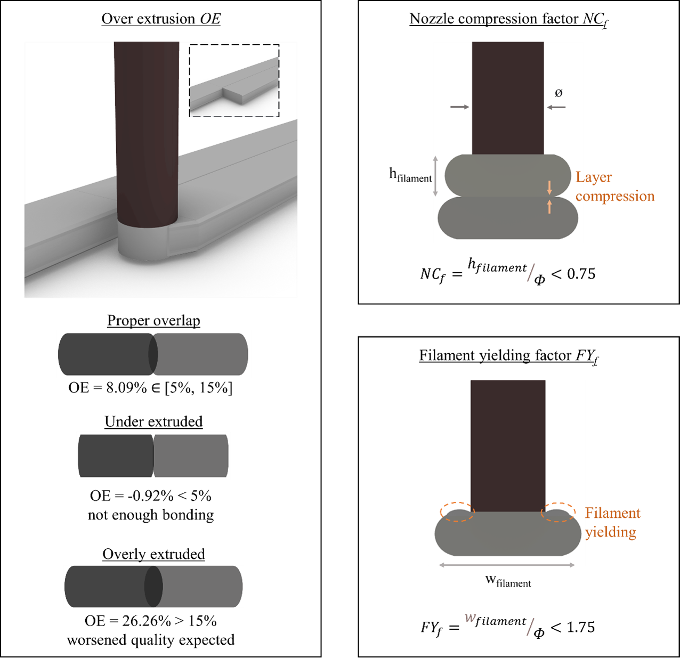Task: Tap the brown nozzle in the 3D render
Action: [147, 133]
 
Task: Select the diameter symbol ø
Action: [558, 93]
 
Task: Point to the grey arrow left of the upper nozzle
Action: [459, 107]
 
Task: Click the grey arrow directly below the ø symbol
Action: [556, 107]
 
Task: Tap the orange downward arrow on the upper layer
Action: [549, 188]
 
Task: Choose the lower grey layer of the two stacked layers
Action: [506, 218]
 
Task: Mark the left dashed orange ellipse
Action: [457, 512]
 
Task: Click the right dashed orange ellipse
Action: [558, 512]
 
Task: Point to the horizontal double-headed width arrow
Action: [507, 564]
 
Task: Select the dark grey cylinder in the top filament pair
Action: [104, 354]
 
